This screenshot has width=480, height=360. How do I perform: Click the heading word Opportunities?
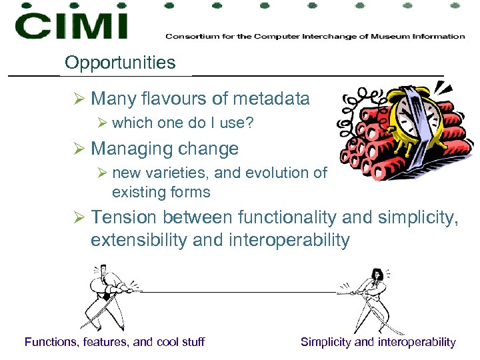click(120, 63)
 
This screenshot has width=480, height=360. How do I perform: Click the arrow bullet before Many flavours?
click(79, 99)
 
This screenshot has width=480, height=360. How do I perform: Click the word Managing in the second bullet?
click(126, 148)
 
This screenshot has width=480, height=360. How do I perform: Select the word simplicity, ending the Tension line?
click(419, 217)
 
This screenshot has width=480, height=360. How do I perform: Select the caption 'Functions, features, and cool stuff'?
click(115, 342)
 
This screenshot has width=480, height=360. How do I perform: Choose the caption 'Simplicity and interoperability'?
click(378, 342)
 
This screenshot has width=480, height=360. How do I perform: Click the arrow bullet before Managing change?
click(79, 148)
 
